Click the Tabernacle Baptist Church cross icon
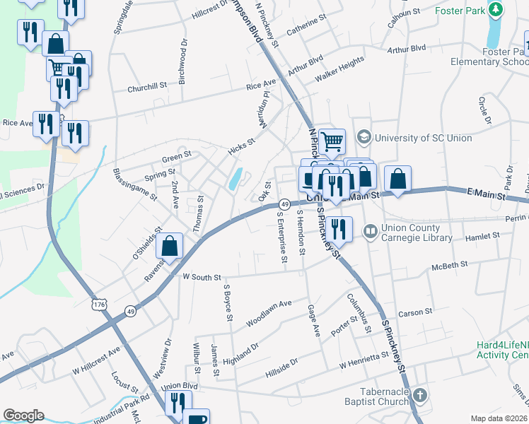420,394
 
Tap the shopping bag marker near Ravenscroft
170,246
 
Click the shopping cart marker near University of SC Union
330,141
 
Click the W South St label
202,278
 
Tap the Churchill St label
146,88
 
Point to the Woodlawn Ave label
269,313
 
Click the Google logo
23,416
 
